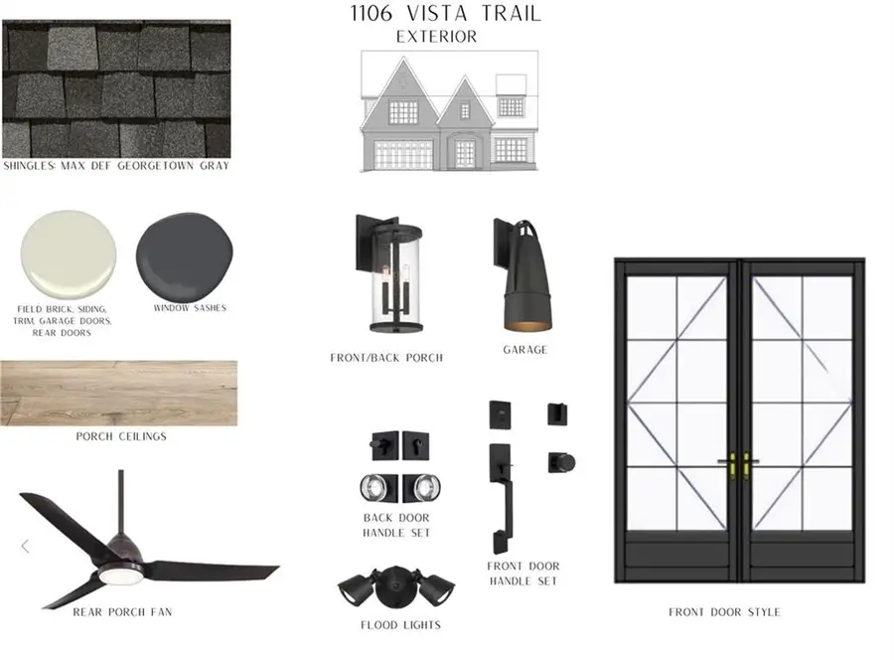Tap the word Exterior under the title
[x=436, y=37]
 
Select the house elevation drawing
[x=450, y=111]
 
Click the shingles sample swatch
[x=116, y=89]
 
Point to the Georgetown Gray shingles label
[x=116, y=166]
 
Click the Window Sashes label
[x=189, y=308]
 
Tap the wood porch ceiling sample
[x=118, y=393]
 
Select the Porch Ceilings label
[x=121, y=436]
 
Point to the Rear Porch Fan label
[x=122, y=612]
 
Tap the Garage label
[x=524, y=350]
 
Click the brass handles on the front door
[x=740, y=462]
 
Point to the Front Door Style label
[x=724, y=612]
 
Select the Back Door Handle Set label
[x=397, y=525]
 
